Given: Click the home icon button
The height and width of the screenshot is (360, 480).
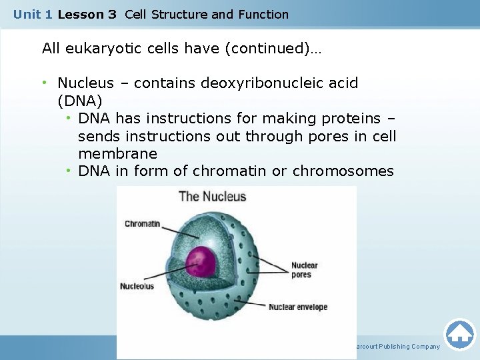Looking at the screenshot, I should point(459,335).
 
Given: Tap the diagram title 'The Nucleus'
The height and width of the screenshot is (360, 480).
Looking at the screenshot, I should point(212,196).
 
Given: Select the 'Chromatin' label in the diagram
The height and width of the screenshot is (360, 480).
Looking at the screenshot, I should point(142,224).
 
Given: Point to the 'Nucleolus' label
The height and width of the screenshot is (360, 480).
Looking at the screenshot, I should point(137,286).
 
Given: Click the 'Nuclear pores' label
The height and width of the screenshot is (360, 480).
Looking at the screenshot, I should point(305,270).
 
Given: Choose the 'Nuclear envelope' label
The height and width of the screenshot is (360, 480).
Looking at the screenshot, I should point(298,307).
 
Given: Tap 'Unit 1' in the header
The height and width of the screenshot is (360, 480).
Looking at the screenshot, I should point(33,14).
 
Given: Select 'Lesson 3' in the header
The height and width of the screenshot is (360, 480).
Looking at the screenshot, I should point(87,14).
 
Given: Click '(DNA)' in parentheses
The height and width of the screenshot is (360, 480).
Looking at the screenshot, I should point(80,101).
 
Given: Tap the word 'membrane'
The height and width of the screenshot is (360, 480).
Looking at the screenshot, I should point(117,153).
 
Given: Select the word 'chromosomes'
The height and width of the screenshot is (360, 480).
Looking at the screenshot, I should point(343,171).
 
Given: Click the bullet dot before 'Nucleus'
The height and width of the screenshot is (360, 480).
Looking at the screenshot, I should point(45,83).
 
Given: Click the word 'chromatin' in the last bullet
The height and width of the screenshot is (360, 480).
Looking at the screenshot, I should point(230,171).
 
